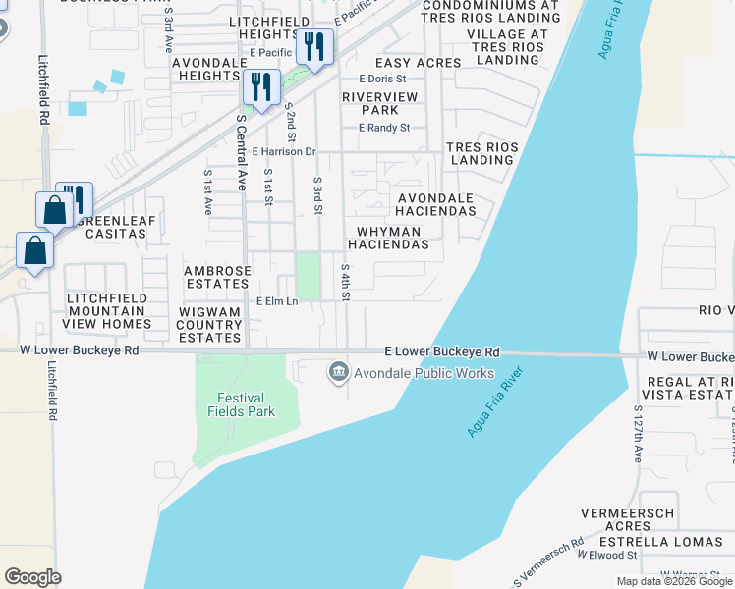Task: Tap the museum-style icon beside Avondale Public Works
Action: (338, 371)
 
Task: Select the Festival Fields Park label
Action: (241, 404)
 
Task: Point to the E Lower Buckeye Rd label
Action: (442, 351)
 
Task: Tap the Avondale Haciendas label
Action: (435, 204)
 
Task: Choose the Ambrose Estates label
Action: (217, 277)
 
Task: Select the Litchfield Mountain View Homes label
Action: (108, 310)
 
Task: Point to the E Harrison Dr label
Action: (283, 152)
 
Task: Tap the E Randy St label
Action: (384, 128)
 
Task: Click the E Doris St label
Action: (382, 79)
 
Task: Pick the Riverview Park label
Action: (379, 103)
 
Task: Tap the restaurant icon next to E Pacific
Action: (314, 47)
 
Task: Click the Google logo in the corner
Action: (33, 577)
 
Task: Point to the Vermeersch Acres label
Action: (628, 519)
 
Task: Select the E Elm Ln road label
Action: (277, 301)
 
